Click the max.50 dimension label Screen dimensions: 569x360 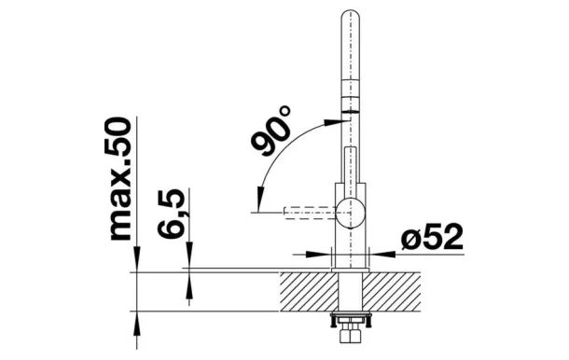[120, 178]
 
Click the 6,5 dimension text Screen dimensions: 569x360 [172, 214]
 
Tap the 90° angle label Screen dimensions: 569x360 [271, 130]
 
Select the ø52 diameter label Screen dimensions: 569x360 [433, 237]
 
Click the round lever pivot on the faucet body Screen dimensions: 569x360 [350, 213]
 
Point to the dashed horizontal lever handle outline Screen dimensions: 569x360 [311, 213]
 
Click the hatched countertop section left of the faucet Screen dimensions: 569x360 [309, 291]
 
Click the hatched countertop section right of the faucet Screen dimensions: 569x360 [392, 291]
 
